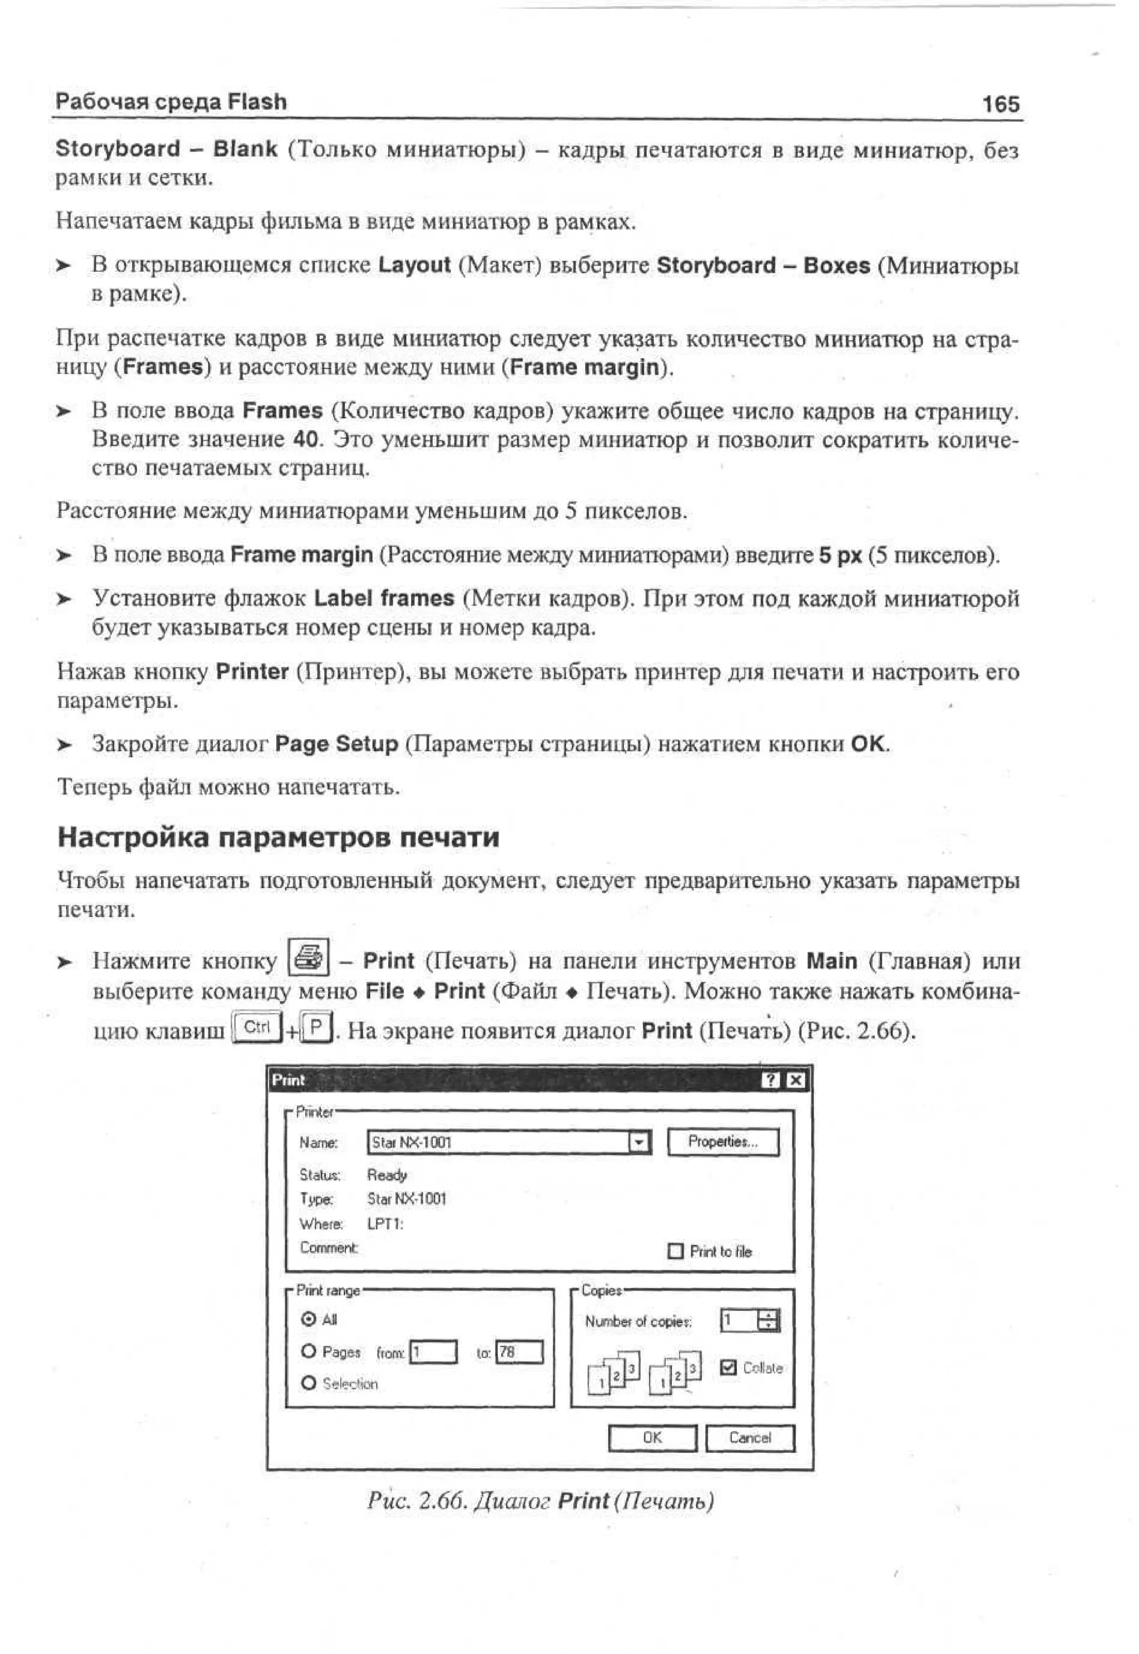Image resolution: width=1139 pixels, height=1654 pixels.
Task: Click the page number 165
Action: [x=1001, y=105]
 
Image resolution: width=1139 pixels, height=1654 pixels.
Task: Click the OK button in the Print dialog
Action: [x=652, y=1438]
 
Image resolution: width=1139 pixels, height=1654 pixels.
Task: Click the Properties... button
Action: [x=723, y=1142]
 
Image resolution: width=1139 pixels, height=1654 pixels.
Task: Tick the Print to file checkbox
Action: [x=675, y=1251]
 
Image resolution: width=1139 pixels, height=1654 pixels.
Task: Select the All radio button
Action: [x=308, y=1319]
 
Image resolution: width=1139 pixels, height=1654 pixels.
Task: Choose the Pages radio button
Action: [x=308, y=1352]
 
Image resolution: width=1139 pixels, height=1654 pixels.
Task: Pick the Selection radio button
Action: [x=308, y=1383]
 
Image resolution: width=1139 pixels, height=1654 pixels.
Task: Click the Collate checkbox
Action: [x=728, y=1367]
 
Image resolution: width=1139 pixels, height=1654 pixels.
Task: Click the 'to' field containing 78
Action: [x=519, y=1352]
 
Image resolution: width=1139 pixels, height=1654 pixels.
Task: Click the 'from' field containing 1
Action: [x=433, y=1352]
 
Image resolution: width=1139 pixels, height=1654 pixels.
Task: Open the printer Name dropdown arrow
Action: [x=640, y=1143]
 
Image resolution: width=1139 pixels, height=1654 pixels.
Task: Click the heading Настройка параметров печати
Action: [x=278, y=837]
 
